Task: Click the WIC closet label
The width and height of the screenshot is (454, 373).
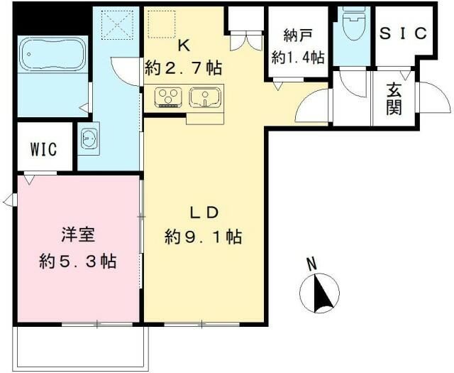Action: coord(42,149)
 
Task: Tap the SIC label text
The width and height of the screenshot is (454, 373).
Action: coord(402,33)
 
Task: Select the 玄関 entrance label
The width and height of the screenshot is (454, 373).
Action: coord(394,99)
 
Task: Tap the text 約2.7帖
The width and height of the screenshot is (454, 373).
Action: coord(183,68)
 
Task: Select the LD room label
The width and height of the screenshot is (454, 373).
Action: coord(206,212)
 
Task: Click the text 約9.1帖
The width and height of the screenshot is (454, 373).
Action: coord(203,237)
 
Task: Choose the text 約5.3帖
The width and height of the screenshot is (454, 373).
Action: coord(77,261)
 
